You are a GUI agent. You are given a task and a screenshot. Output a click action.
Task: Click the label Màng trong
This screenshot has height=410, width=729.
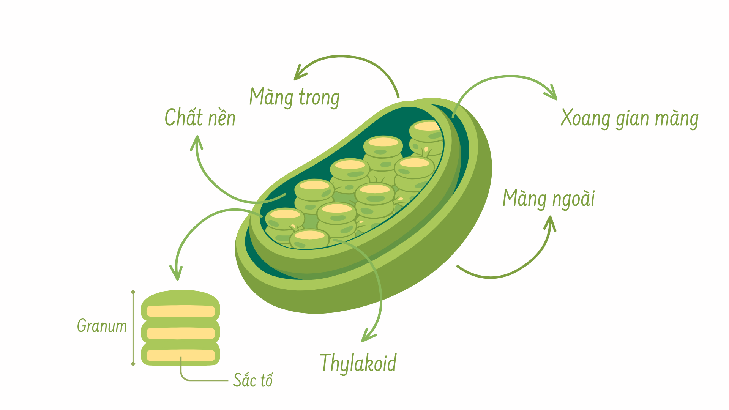point(294,98)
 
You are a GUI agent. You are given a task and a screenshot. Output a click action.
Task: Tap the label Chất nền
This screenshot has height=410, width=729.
point(200,117)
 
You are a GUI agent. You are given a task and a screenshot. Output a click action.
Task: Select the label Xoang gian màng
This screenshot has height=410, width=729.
point(630,118)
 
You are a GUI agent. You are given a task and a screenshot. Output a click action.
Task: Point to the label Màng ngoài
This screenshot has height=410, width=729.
point(549,199)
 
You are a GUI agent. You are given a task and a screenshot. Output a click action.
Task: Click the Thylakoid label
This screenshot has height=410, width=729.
point(358,363)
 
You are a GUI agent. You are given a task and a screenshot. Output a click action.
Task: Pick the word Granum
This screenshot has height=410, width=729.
point(102,326)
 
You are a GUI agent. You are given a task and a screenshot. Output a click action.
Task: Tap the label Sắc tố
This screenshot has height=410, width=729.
point(253,380)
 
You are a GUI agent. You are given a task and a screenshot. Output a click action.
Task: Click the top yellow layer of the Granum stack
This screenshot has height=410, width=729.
point(181,312)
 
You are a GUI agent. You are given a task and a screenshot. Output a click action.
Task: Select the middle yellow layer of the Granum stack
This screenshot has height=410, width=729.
point(181,333)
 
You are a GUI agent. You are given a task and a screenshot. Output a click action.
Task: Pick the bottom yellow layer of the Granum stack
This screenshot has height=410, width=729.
point(181,355)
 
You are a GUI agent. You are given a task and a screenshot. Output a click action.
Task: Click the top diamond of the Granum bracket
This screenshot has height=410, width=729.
point(133,292)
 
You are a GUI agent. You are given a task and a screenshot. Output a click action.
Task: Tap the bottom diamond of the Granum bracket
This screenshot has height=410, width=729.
point(133,364)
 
